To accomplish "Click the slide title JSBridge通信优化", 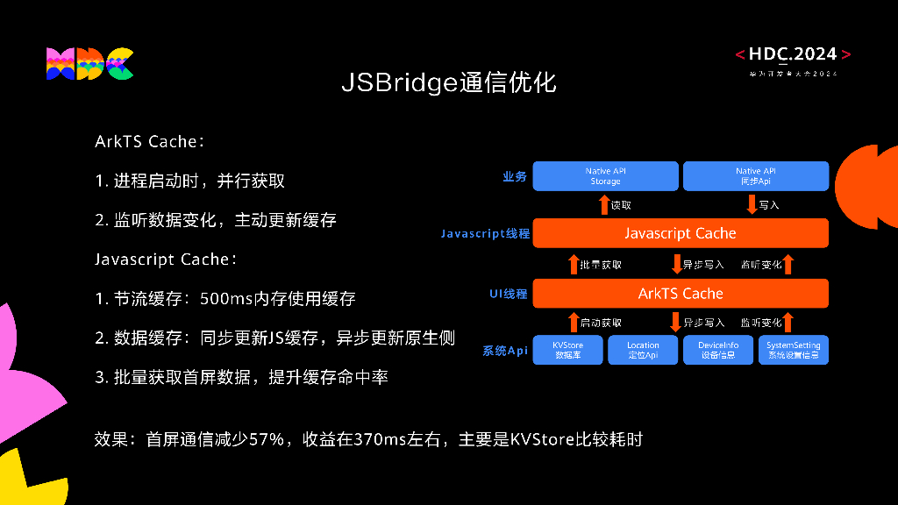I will click(448, 83).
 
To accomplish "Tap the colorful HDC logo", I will click(89, 64).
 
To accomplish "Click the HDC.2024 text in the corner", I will click(793, 54).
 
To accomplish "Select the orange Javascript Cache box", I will click(681, 233).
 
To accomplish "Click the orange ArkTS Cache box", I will click(681, 293).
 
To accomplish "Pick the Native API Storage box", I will click(605, 176).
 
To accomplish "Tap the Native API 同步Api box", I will click(755, 176).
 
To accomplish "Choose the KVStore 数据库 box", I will click(567, 351).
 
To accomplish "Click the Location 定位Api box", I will click(643, 351).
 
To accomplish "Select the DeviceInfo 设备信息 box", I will click(718, 351).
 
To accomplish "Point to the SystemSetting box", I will click(793, 351).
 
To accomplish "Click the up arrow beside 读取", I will click(603, 205).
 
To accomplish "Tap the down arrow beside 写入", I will click(752, 205).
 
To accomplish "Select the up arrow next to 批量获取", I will click(574, 264).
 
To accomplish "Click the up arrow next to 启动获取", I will click(574, 323).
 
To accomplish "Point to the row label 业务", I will click(515, 177).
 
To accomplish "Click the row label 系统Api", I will click(505, 352).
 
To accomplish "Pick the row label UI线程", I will click(509, 294).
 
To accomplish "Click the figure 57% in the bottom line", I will click(265, 438).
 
